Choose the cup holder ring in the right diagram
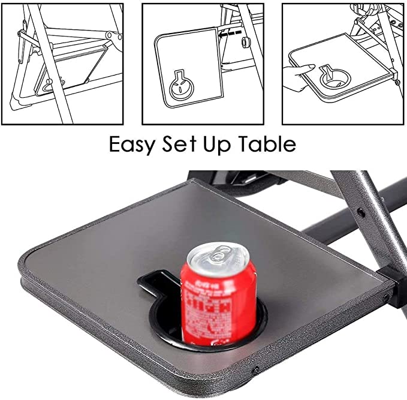tap(334, 77)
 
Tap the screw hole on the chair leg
tap(360, 212)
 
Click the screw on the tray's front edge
tap(256, 370)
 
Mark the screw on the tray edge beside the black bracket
tap(385, 298)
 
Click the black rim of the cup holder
tap(261, 324)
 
